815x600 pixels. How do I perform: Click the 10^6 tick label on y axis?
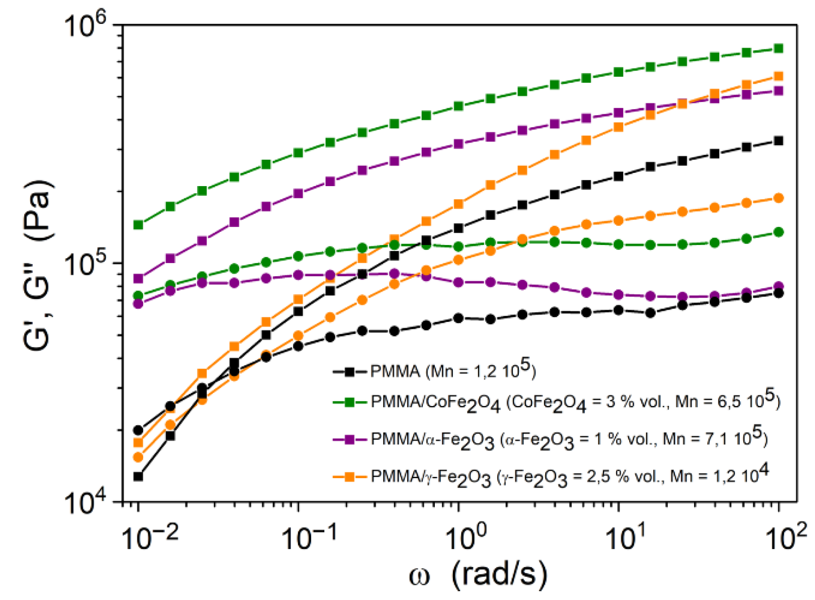tap(85, 25)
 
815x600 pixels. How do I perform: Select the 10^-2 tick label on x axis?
tap(150, 538)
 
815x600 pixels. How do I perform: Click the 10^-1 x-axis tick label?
tap(309, 538)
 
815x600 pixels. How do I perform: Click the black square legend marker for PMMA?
tap(349, 372)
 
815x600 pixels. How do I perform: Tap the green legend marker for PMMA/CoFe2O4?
tap(349, 402)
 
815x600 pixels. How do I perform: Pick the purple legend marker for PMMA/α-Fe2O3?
tap(349, 439)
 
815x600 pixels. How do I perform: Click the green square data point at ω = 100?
tap(778, 48)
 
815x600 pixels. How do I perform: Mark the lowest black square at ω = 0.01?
tap(138, 476)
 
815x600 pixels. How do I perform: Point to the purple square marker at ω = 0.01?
tap(138, 278)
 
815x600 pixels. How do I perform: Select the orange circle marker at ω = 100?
tap(778, 198)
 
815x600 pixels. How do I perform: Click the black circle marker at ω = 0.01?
tap(138, 430)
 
